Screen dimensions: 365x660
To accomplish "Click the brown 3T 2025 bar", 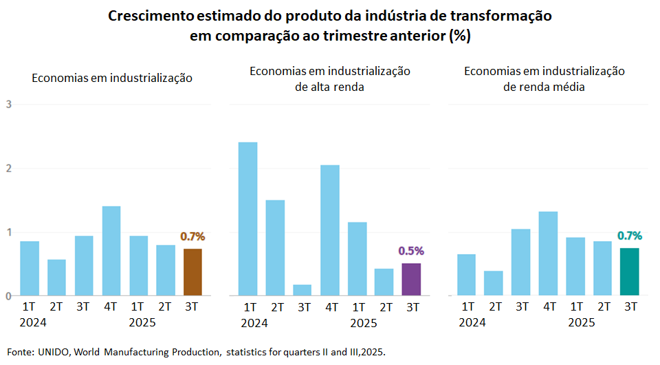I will (192, 272).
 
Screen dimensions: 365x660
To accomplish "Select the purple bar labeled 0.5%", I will (410, 280).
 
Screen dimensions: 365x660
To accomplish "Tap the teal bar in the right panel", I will (630, 272).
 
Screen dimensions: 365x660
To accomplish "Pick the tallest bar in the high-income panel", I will (247, 219).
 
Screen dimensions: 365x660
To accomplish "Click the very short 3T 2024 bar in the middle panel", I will (302, 290).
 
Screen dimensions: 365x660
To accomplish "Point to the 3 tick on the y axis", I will (8, 104).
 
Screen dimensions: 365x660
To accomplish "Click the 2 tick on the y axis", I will (8, 168).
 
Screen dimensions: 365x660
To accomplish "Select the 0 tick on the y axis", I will (8, 296).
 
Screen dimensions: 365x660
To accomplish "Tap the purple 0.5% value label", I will (411, 251).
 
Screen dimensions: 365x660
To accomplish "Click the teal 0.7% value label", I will (630, 236).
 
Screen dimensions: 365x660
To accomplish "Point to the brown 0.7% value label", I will (192, 236).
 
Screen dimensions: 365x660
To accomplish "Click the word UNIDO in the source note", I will (54, 352).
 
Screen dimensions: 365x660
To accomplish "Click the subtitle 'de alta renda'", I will (329, 87).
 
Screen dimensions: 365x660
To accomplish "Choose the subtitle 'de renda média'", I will (544, 87).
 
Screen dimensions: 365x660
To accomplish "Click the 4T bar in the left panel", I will (111, 251).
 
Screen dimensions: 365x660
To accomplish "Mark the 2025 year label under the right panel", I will (582, 322).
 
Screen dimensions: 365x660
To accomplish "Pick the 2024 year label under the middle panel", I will (254, 322).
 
